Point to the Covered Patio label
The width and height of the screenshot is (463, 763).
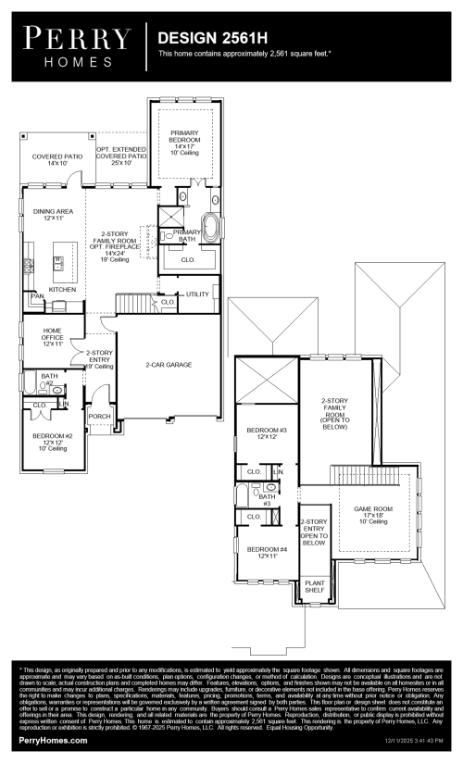coord(57,160)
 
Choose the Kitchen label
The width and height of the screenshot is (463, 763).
coord(62,289)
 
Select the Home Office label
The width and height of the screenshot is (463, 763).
coord(52,339)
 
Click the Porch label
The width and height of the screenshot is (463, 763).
coord(99,417)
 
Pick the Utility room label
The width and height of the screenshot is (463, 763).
coord(197,294)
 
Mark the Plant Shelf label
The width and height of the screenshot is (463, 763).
coord(315,587)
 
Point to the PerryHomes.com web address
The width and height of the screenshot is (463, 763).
coord(53,741)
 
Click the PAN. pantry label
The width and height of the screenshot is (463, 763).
coord(39,295)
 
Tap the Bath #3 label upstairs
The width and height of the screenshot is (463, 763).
coord(265,500)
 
